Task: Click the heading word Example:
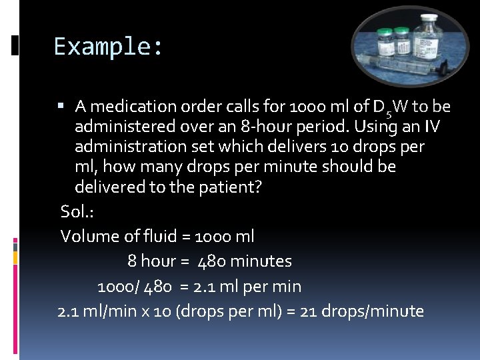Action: pos(108,47)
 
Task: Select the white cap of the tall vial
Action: pos(427,18)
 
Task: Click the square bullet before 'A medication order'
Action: pos(61,105)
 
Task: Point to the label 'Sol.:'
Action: pos(77,211)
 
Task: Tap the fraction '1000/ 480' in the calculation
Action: pos(135,287)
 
